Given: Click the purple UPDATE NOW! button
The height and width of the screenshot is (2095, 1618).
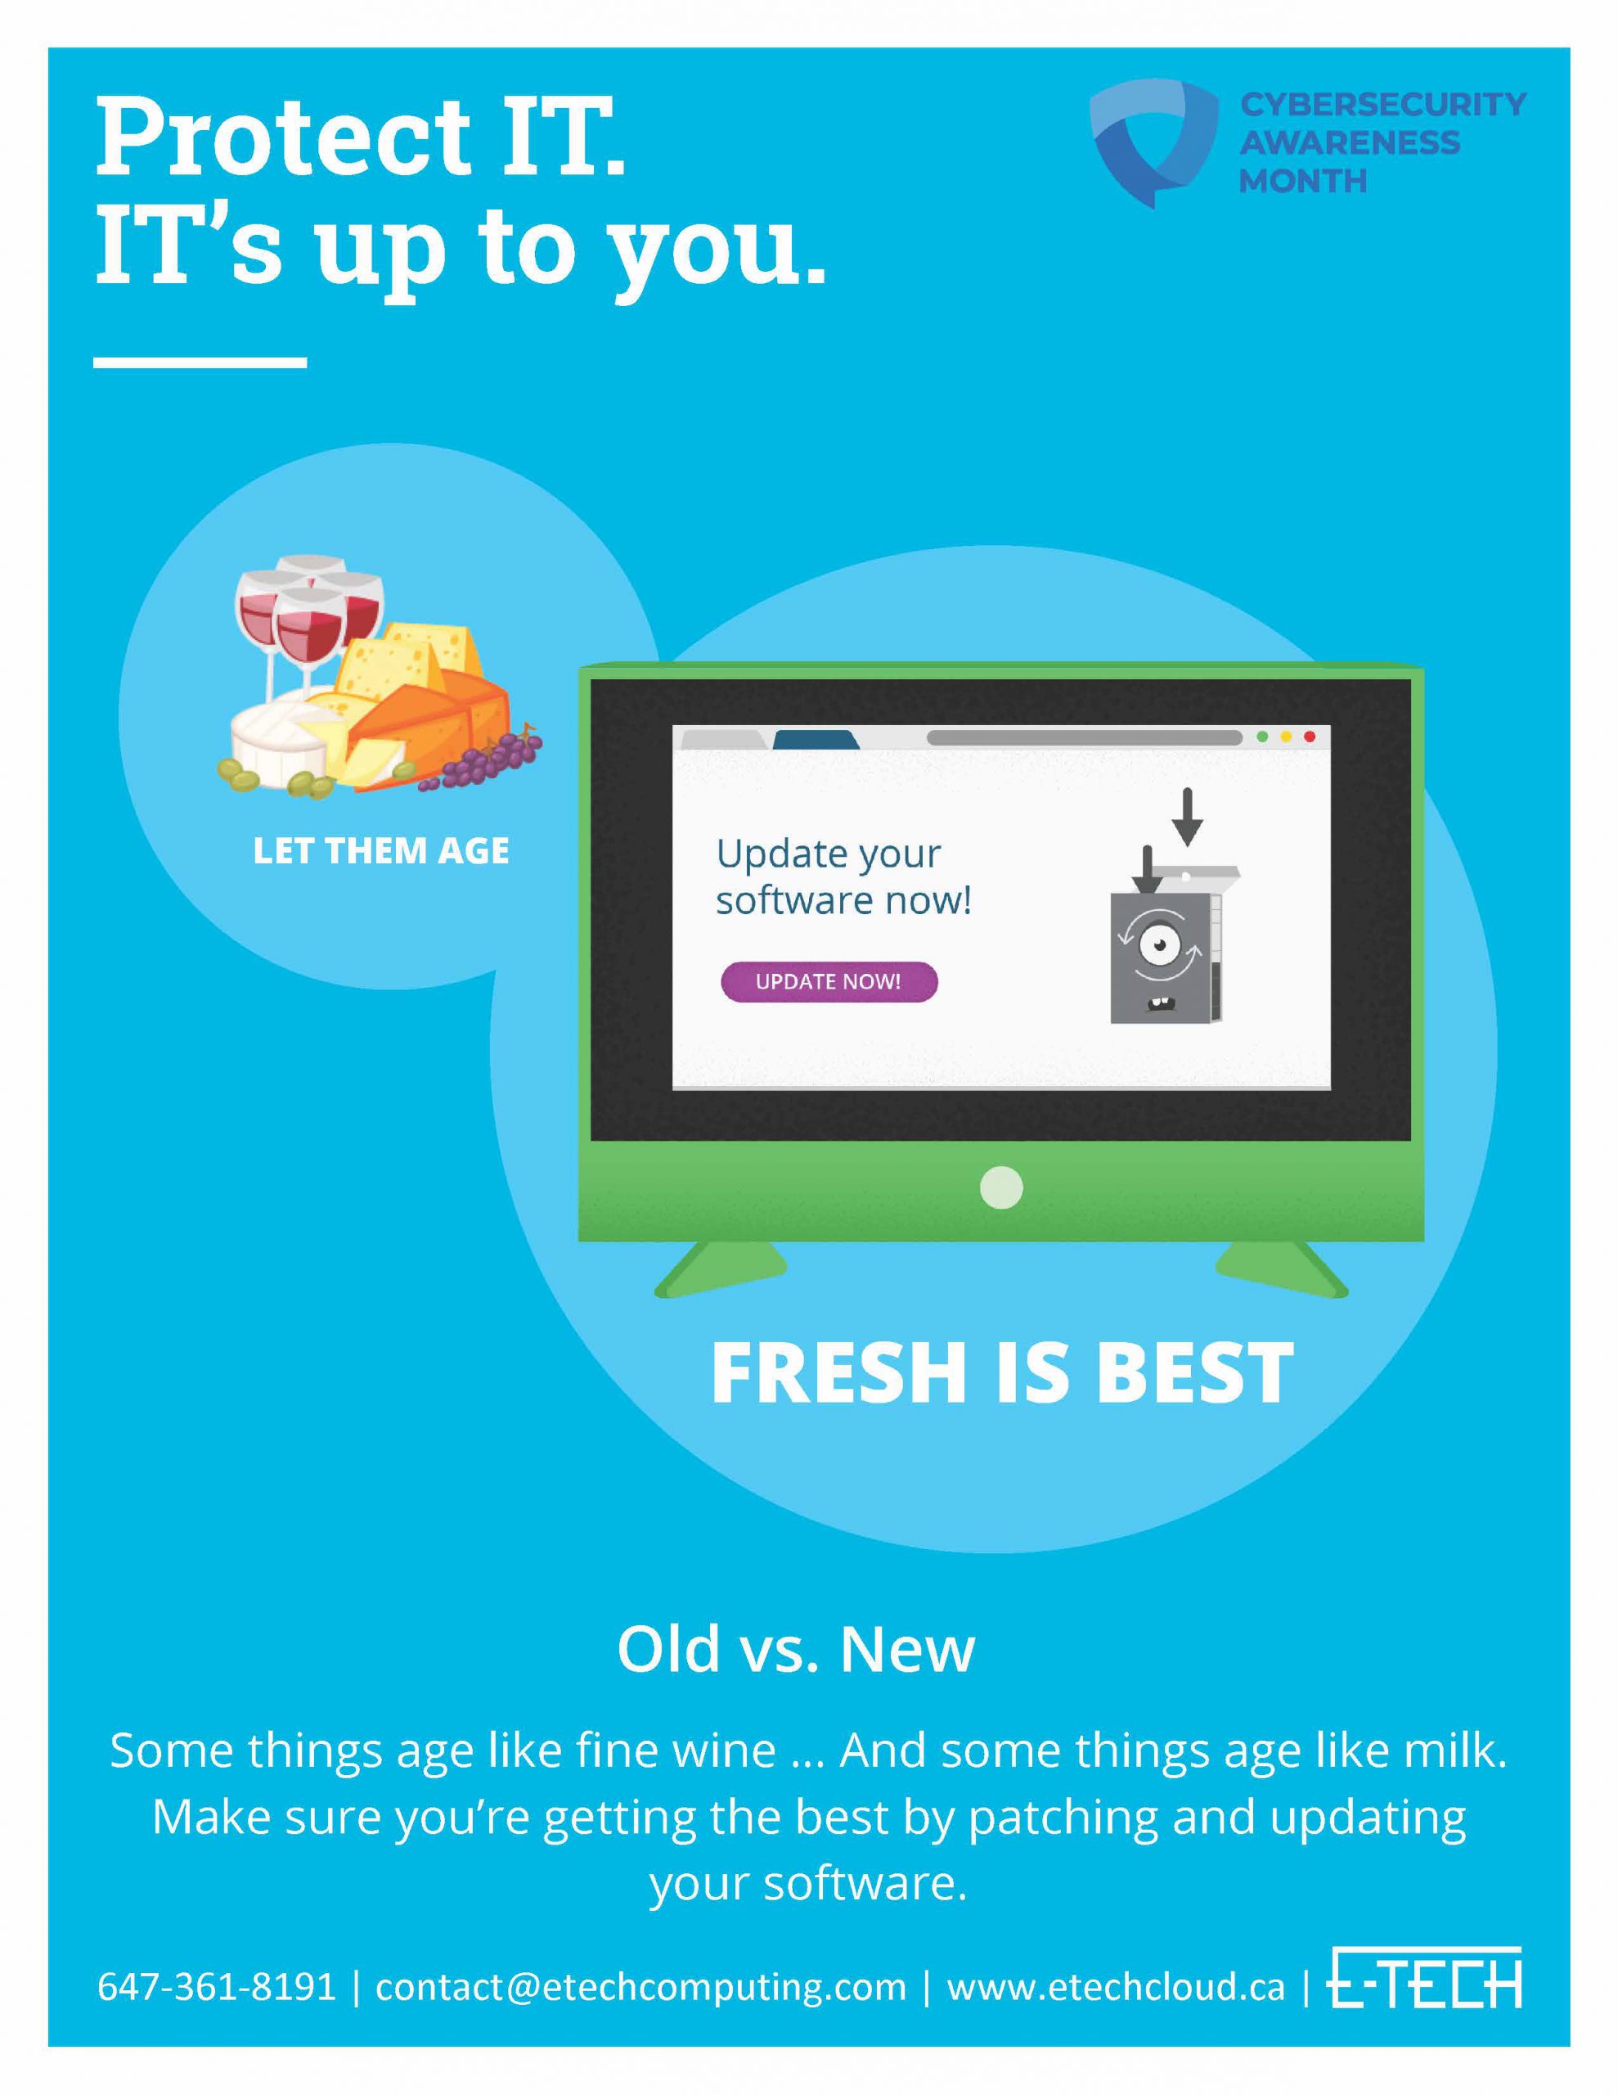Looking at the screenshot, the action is (x=829, y=981).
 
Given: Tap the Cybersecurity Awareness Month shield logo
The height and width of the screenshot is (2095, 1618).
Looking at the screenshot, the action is (x=1153, y=141).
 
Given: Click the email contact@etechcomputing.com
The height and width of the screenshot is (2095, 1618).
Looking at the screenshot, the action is (x=640, y=1987).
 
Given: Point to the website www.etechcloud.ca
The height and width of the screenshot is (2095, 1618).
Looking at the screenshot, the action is (x=1116, y=1987).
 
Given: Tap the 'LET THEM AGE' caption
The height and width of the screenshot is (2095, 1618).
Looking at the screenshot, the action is (x=380, y=851).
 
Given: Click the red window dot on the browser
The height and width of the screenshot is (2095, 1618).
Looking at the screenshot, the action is (x=1309, y=737).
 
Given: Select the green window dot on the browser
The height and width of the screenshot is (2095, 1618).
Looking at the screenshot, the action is (x=1262, y=737).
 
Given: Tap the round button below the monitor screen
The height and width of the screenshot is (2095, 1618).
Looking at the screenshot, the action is (x=1001, y=1187).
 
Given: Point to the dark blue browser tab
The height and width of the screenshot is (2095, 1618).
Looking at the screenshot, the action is (x=816, y=740).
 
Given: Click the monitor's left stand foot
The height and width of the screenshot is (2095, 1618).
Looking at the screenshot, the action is (x=719, y=1270).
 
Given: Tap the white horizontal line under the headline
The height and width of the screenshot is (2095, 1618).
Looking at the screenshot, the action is (x=200, y=363).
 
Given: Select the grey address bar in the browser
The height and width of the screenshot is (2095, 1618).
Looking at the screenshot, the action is (x=1085, y=737).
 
